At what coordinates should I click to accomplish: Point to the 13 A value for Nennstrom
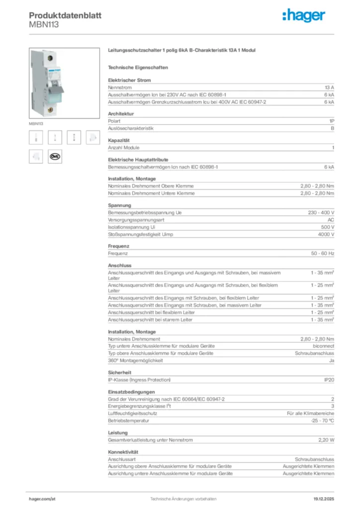point(329,87)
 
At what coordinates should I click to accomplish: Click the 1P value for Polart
point(331,121)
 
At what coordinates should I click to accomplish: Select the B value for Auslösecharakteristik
point(332,128)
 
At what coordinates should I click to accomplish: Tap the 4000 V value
point(326,235)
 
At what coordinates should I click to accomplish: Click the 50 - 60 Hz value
point(323,254)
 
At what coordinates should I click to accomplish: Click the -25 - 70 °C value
point(322,421)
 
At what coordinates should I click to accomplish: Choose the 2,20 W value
point(326,440)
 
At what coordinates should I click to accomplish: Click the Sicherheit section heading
point(119,372)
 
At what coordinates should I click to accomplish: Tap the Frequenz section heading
point(118,246)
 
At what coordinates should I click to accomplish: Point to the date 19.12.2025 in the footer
point(324,498)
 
